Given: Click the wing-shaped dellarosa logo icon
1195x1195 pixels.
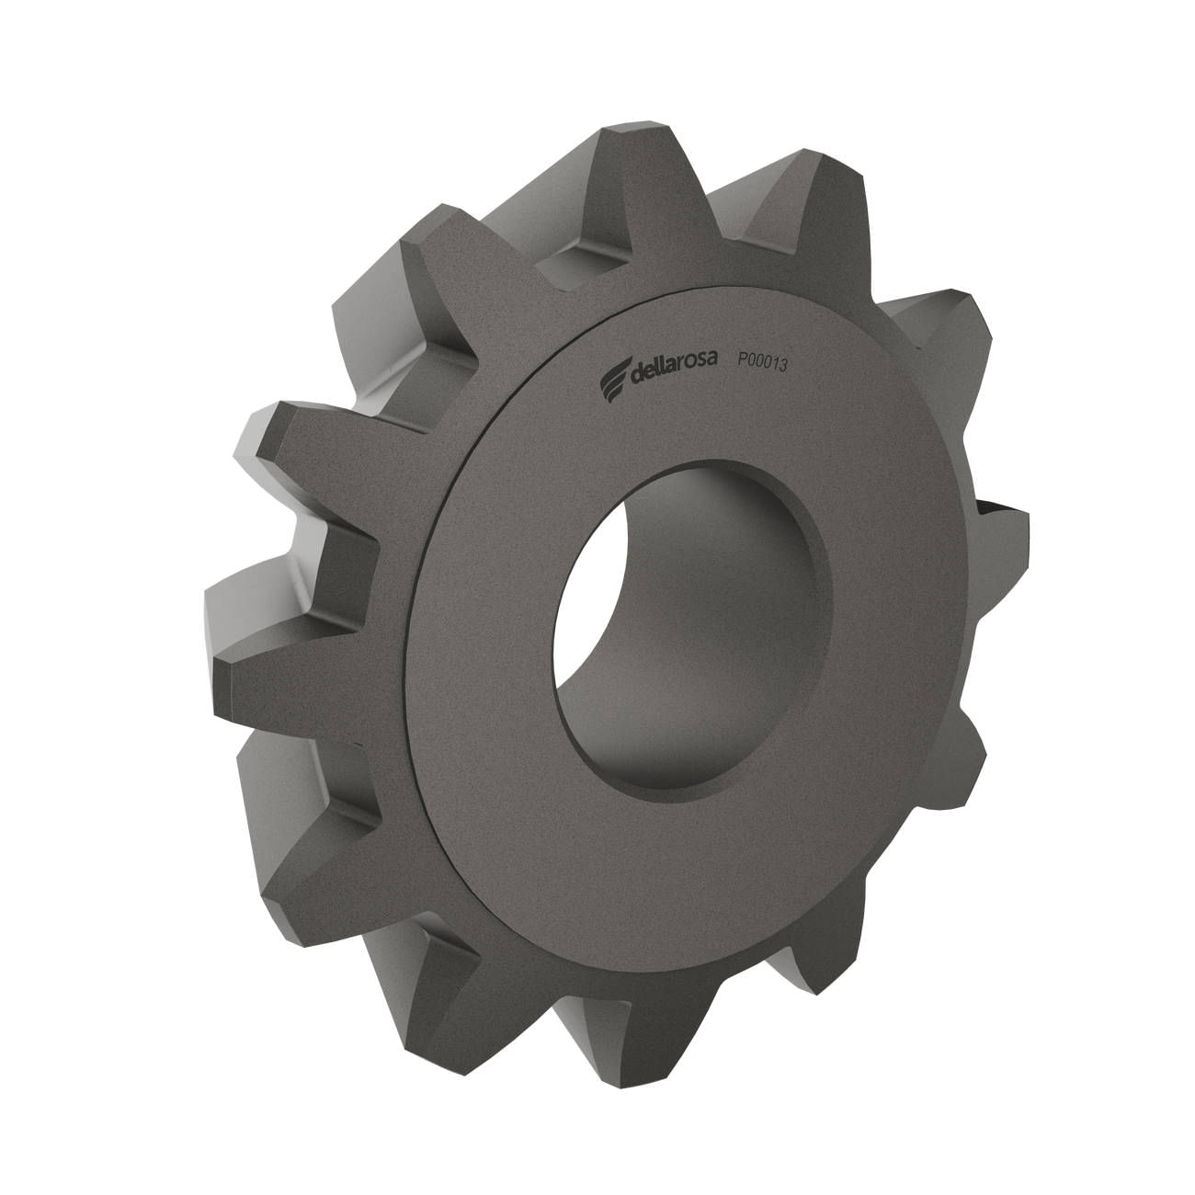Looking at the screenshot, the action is click(614, 376).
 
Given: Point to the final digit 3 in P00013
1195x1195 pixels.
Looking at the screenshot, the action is click(782, 366).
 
